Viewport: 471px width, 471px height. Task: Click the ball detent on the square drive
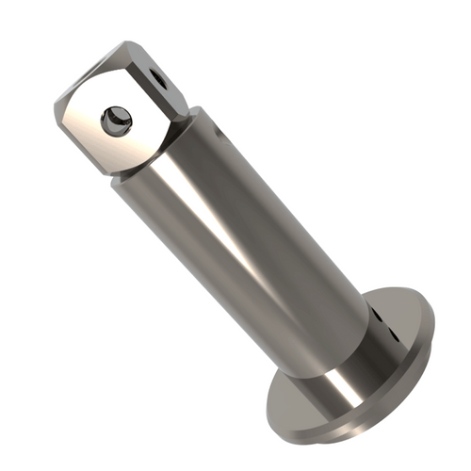pyautogui.click(x=117, y=120)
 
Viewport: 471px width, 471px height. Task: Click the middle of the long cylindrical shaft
pyautogui.click(x=250, y=235)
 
